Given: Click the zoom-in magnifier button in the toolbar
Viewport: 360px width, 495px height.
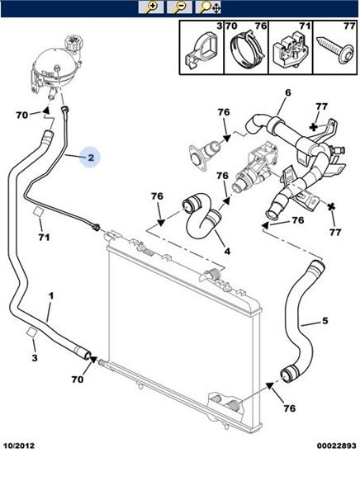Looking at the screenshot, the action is pyautogui.click(x=151, y=7).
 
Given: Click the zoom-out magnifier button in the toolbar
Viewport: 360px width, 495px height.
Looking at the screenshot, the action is pyautogui.click(x=179, y=7).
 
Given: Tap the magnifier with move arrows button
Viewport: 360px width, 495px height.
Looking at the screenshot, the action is pyautogui.click(x=208, y=7).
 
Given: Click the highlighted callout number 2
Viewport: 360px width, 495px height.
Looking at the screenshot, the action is pyautogui.click(x=91, y=158).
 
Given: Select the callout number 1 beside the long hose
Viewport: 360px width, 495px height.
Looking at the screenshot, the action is pyautogui.click(x=50, y=296).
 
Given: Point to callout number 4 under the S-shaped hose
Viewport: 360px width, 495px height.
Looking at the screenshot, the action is pyautogui.click(x=227, y=251).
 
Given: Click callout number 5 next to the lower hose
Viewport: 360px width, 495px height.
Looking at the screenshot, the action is pyautogui.click(x=325, y=321).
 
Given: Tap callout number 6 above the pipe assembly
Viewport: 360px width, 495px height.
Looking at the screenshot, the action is pyautogui.click(x=287, y=92).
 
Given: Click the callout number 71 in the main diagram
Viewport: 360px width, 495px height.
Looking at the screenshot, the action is pyautogui.click(x=44, y=237).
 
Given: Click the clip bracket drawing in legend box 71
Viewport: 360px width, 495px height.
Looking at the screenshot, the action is pyautogui.click(x=290, y=49).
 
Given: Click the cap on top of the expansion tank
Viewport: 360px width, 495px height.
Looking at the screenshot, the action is pyautogui.click(x=73, y=42).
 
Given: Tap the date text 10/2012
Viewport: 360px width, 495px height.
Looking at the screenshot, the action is pyautogui.click(x=19, y=445).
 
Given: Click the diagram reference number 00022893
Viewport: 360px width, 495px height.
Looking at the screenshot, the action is pyautogui.click(x=337, y=445).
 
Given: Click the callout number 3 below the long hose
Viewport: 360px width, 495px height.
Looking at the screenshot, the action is pyautogui.click(x=35, y=358).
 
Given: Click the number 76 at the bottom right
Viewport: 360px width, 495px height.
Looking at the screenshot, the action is pyautogui.click(x=289, y=408).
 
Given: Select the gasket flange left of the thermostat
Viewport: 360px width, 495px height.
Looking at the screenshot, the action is pyautogui.click(x=197, y=157).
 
